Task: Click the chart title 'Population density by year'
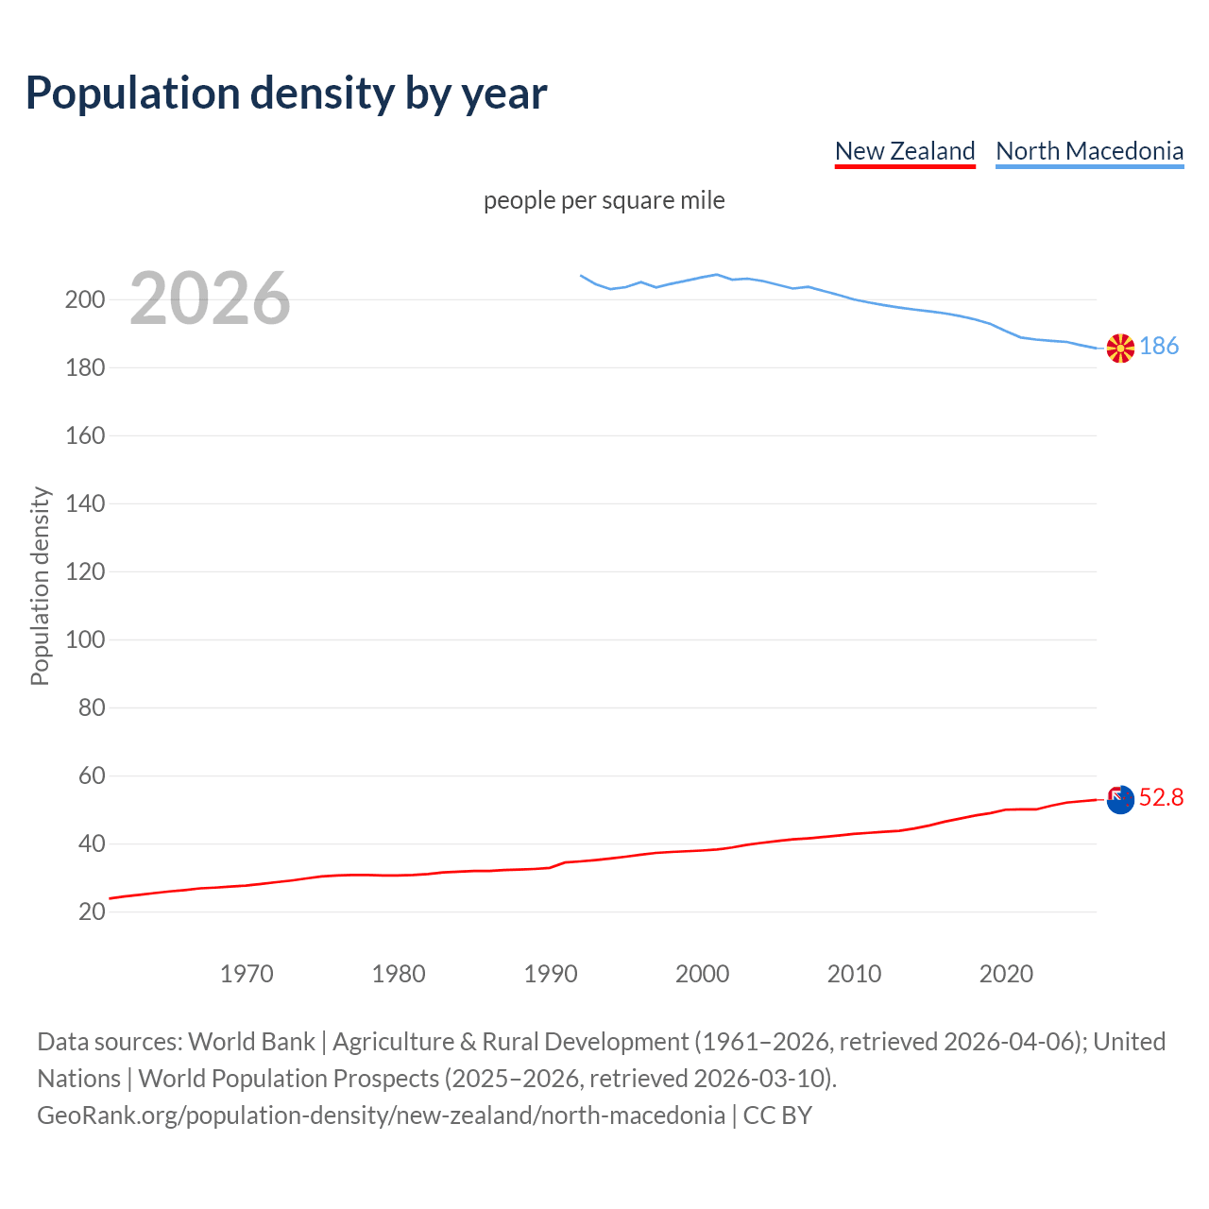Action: [286, 93]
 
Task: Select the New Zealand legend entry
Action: [905, 151]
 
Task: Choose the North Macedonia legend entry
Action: [1089, 151]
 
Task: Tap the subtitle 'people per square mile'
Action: [604, 200]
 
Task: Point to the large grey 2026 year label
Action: [210, 298]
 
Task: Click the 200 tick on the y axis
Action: [85, 300]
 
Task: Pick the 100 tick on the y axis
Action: [85, 640]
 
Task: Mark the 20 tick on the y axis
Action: [92, 912]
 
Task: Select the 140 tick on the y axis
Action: [85, 504]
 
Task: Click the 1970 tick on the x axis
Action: [247, 974]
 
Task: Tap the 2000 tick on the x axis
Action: [702, 974]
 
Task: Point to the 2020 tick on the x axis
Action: [1006, 974]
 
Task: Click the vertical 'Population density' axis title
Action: [40, 586]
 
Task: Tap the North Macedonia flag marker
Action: [1120, 348]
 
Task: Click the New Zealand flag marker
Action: [1120, 800]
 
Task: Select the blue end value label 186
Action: [1159, 347]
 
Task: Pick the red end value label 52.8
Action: [1161, 798]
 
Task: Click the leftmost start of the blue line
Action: [581, 276]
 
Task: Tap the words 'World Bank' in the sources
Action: [251, 1042]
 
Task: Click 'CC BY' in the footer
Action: [777, 1115]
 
